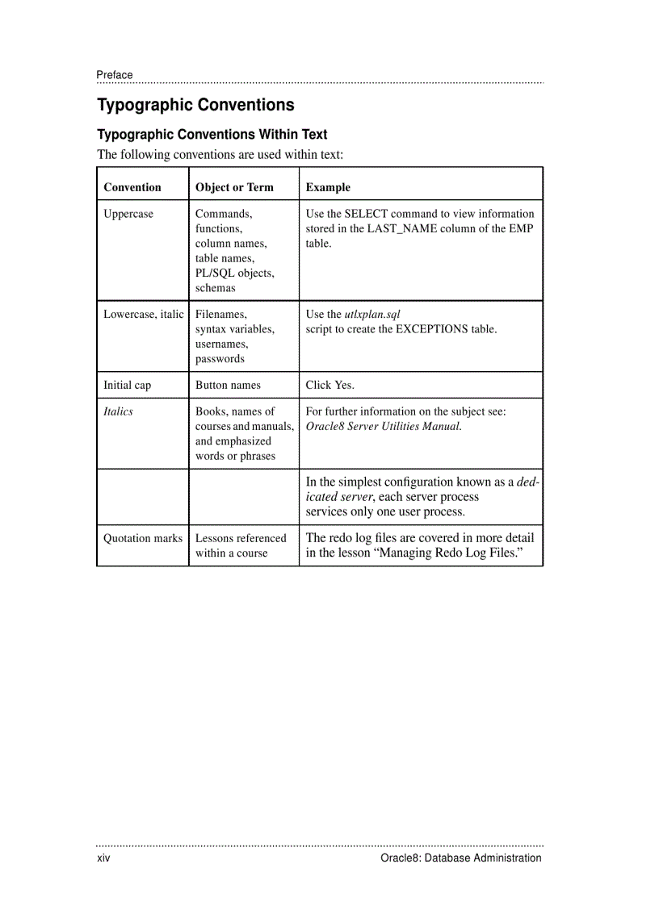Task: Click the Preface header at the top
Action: (x=115, y=75)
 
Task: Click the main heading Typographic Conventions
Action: (x=195, y=105)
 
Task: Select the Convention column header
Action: (x=132, y=187)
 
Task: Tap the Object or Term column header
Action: (x=234, y=187)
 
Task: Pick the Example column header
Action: (x=328, y=187)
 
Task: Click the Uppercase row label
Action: (x=128, y=214)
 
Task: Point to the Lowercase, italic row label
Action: (x=144, y=314)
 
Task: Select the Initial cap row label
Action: (x=127, y=385)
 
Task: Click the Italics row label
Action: (x=118, y=411)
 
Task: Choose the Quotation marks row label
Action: (x=143, y=538)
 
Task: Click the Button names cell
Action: (x=228, y=385)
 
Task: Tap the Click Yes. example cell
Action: (x=329, y=385)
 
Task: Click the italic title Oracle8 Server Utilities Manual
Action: (x=384, y=426)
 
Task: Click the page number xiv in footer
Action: (x=103, y=858)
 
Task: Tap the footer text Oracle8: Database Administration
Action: (x=460, y=858)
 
